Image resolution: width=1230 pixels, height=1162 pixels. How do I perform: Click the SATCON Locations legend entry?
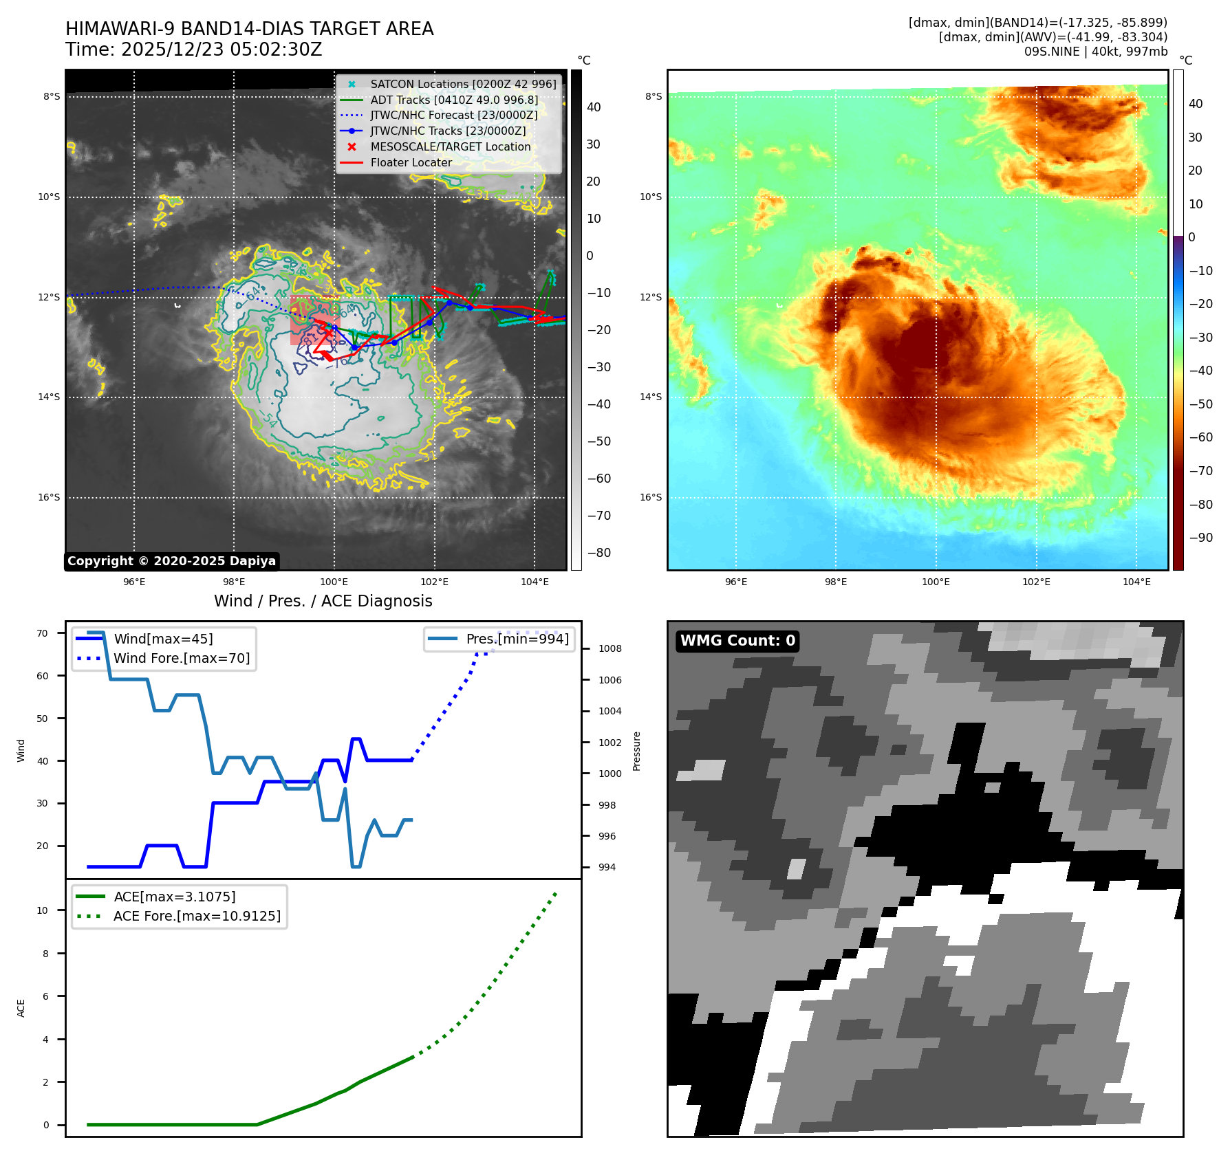[463, 84]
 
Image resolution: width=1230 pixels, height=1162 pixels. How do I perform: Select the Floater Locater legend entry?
[411, 163]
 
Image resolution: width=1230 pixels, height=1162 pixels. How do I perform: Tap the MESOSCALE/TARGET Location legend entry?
[450, 147]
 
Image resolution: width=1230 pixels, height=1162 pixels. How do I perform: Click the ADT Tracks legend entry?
[454, 100]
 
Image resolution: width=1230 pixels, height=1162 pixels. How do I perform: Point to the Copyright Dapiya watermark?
[171, 561]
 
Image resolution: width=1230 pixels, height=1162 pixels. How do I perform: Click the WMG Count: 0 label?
[737, 641]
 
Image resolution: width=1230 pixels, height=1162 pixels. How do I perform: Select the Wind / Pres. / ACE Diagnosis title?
[323, 601]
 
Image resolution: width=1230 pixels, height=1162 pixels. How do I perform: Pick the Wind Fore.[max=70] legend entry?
[182, 658]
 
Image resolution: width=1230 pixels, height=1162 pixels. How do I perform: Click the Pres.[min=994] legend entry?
[517, 639]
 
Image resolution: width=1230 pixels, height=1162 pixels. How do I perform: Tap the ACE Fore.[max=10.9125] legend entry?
[197, 916]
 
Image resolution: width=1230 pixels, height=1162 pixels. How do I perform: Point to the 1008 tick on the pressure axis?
[609, 648]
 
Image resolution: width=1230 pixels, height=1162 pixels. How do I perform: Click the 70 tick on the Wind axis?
[43, 633]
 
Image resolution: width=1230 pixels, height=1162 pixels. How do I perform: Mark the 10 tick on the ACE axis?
[43, 910]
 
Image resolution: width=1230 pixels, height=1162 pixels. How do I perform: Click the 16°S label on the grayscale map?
[49, 498]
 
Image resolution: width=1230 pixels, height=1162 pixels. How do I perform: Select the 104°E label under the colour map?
[1136, 582]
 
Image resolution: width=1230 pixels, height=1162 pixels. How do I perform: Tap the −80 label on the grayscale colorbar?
[598, 553]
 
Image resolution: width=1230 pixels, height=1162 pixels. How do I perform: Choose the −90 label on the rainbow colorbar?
[1200, 538]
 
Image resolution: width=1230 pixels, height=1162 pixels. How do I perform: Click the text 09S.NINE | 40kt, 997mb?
[1095, 52]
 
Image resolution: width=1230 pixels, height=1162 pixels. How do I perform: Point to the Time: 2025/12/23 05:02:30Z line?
[193, 50]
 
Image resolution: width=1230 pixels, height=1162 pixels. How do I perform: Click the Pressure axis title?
[637, 751]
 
